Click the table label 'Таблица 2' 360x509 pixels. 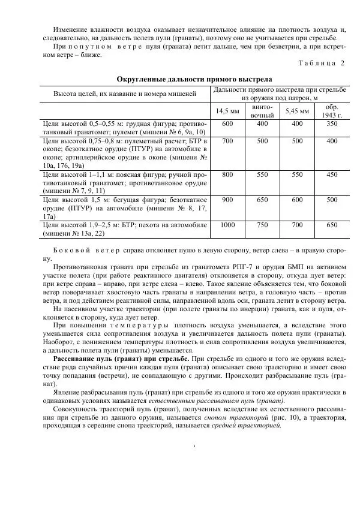pos(322,63)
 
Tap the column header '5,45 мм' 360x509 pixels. pos(297,110)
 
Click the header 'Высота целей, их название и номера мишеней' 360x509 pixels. pos(125,95)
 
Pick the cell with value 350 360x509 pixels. pos(332,124)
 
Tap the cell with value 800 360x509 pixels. pos(227,174)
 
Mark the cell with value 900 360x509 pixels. pos(227,200)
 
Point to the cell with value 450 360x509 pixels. pos(332,174)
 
